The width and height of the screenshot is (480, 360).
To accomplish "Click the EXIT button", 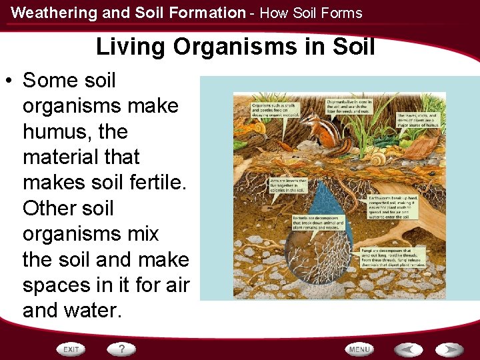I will [x=71, y=349].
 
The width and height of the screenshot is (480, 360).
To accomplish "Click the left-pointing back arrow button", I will [x=407, y=349].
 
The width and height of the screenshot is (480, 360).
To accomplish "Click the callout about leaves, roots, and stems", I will [x=418, y=118].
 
